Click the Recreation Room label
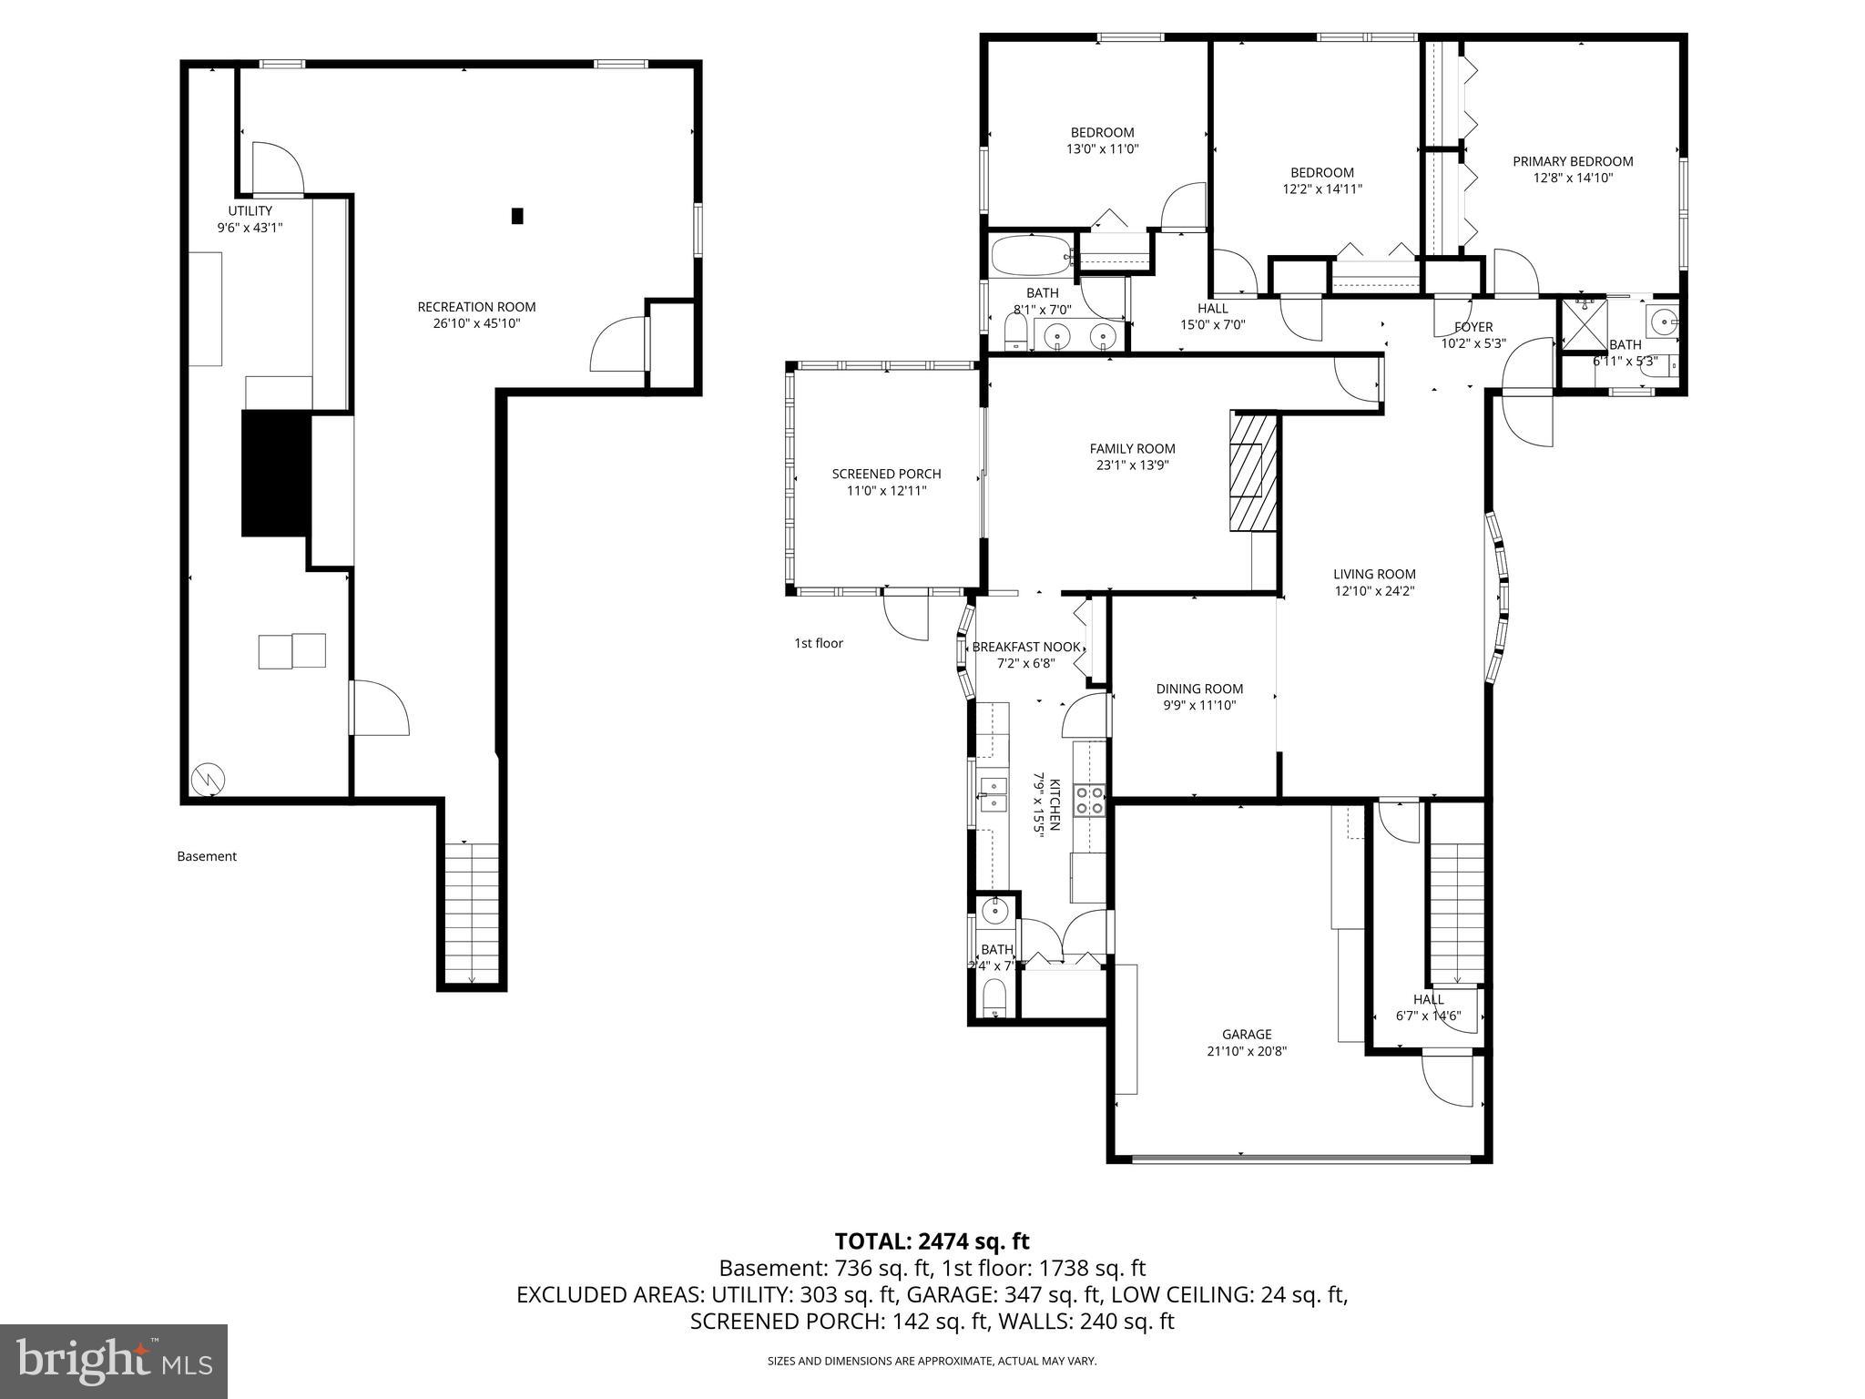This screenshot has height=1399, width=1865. (x=476, y=307)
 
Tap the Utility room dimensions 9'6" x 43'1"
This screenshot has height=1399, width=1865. (x=250, y=228)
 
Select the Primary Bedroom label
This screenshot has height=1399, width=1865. (x=1573, y=161)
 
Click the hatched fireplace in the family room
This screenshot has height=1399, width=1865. (x=1251, y=470)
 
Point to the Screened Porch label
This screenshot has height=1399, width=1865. (x=886, y=474)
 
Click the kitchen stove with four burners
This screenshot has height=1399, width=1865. (x=1090, y=800)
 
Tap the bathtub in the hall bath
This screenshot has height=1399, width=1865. (x=1029, y=257)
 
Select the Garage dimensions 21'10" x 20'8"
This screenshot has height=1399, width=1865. (x=1247, y=1051)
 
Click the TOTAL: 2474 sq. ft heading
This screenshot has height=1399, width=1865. (x=932, y=1241)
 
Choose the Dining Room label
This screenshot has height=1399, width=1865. (x=1199, y=689)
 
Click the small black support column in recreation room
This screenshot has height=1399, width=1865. (x=517, y=216)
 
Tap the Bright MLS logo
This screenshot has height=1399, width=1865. (x=114, y=1361)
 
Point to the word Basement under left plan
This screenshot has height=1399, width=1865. (x=207, y=856)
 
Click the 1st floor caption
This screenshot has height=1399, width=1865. (x=819, y=643)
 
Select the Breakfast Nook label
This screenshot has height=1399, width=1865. (x=1026, y=647)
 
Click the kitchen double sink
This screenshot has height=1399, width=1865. (x=994, y=794)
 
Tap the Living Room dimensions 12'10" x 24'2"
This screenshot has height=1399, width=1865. (x=1374, y=591)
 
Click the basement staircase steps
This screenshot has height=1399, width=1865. (x=472, y=911)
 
